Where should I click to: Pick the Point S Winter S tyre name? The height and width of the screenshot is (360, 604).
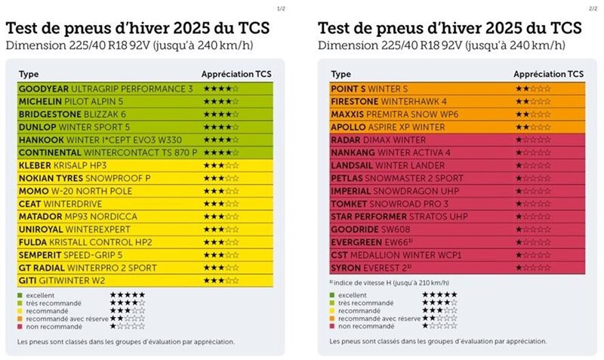pos(369,89)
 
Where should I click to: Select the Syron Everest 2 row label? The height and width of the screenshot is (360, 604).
pos(373,267)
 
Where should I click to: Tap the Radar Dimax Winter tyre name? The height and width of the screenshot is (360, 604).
pos(378,140)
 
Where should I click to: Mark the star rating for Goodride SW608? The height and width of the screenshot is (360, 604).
pos(532,229)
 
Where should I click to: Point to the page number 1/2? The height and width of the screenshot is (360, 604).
pos(281,8)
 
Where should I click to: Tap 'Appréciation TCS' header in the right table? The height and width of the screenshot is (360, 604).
pos(548,75)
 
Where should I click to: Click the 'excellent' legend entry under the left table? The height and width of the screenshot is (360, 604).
pos(43,294)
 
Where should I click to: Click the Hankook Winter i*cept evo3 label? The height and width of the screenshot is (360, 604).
pos(97,140)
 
